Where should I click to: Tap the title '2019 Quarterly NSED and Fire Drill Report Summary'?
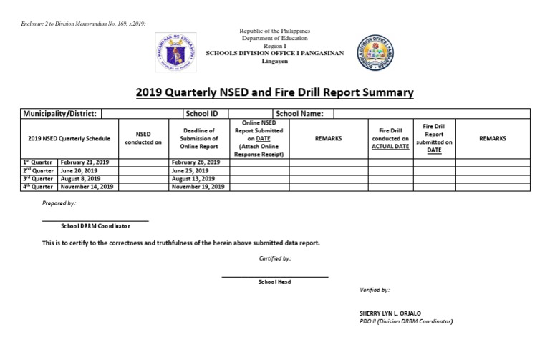[274, 93]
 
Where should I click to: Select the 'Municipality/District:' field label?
[61, 113]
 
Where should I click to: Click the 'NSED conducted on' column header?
[143, 138]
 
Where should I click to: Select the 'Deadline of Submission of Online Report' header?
[199, 138]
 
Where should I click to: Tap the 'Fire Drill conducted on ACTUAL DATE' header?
[390, 138]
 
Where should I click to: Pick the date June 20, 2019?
[79, 170]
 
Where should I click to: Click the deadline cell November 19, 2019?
[198, 186]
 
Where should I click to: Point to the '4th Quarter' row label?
[39, 186]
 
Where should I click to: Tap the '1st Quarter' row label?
[39, 162]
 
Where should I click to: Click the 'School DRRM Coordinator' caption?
[95, 225]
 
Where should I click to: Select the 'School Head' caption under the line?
[274, 282]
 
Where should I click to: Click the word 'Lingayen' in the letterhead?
[274, 61]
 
